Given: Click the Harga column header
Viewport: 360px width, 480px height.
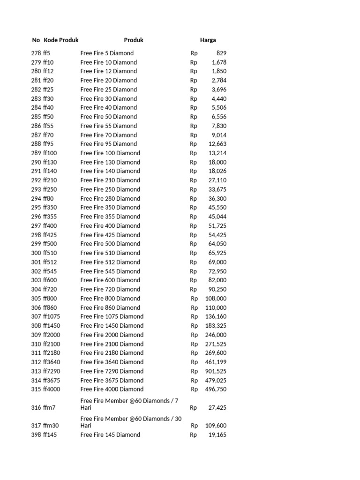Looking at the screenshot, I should pos(208,40).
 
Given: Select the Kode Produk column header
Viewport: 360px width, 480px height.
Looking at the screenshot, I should pos(61,40).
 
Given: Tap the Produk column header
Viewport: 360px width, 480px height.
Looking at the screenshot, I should pos(134,40).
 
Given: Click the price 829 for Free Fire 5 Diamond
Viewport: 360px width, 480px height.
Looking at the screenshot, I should pos(221,53).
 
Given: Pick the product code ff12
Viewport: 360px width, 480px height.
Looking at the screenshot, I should pos(48,71).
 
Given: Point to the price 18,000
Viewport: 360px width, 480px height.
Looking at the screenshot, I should pos(217,162).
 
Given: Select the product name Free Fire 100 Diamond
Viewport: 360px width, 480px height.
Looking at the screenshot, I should pos(110,153).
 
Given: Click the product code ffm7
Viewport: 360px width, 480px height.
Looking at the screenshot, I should pos(49,408).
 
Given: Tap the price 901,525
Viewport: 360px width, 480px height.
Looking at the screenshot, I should pos(216,371).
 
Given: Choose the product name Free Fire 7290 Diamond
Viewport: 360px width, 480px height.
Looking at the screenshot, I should pos(112,371).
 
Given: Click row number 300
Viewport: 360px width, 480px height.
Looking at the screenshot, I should pos(36,253).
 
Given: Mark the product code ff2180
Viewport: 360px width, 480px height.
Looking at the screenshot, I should pos(52,353).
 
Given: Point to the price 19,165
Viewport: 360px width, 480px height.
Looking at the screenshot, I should pos(217,435).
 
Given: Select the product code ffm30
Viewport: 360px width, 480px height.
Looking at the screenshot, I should pos(51,426).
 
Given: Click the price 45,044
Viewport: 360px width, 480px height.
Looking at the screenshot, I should pos(217,217).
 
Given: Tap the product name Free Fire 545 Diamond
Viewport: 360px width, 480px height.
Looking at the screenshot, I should pos(110,271).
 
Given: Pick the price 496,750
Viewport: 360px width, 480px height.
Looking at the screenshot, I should pos(216,390).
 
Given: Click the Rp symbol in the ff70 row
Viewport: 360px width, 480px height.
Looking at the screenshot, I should pos(194,135).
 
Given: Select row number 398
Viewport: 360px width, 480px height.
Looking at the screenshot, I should pos(36,435).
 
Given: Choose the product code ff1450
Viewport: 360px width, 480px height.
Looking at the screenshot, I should pos(52,326).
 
